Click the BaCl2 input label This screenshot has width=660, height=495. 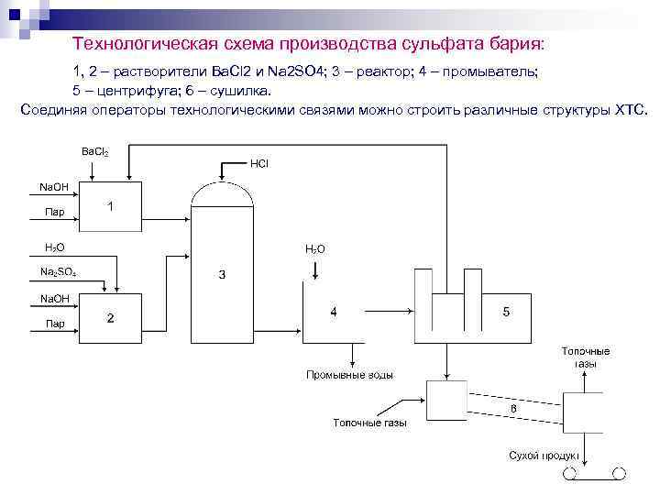(x=95, y=151)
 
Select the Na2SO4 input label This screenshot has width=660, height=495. (x=59, y=272)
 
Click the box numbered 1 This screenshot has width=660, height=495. (x=111, y=207)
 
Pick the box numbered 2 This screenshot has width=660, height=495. (x=111, y=318)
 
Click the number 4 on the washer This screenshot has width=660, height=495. (x=334, y=312)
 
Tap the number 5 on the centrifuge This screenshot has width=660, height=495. (x=507, y=312)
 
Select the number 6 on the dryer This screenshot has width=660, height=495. (x=513, y=408)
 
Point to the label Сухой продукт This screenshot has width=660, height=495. (x=544, y=456)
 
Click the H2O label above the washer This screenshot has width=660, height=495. (x=314, y=248)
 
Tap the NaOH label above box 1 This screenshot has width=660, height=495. (x=53, y=187)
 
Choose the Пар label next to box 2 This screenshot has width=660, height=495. (x=55, y=324)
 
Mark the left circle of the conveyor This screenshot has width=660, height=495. (x=569, y=473)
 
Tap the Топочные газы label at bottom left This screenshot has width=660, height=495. (x=369, y=423)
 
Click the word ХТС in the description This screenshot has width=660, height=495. (x=630, y=110)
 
